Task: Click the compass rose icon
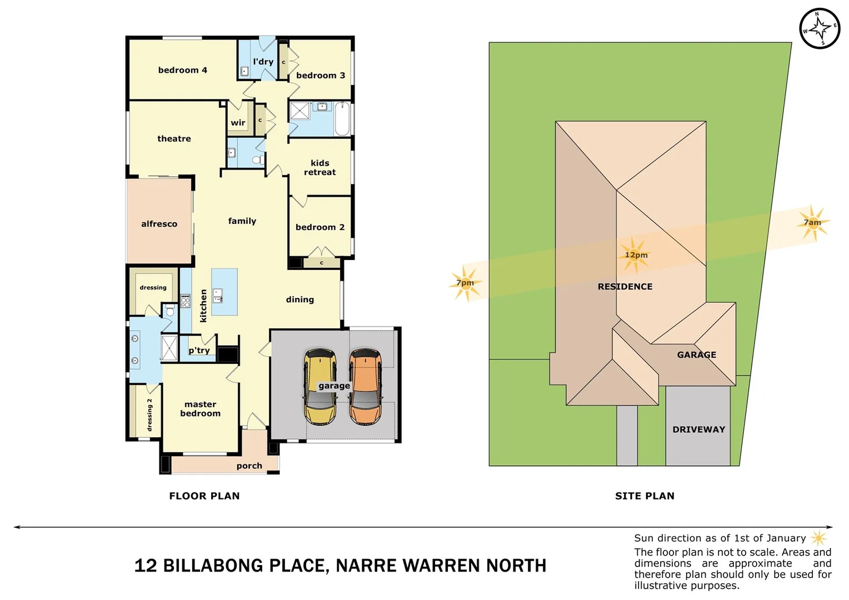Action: [x=819, y=28]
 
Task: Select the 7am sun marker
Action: [x=812, y=223]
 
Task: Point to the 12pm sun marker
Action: [x=635, y=255]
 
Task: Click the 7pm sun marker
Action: [x=465, y=283]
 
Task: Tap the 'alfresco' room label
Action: [x=159, y=224]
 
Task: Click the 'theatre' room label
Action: [x=174, y=139]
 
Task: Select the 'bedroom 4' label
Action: [x=182, y=70]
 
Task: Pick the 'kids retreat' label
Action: [x=319, y=168]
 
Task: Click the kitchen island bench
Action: [x=224, y=292]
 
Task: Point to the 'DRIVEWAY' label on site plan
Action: [x=698, y=429]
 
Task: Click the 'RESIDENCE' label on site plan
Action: [x=625, y=287]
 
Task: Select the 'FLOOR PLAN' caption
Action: [x=204, y=496]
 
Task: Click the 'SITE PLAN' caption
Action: [x=645, y=496]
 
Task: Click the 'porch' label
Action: [x=249, y=466]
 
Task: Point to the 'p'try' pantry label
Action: [x=199, y=351]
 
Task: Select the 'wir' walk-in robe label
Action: [x=238, y=123]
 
